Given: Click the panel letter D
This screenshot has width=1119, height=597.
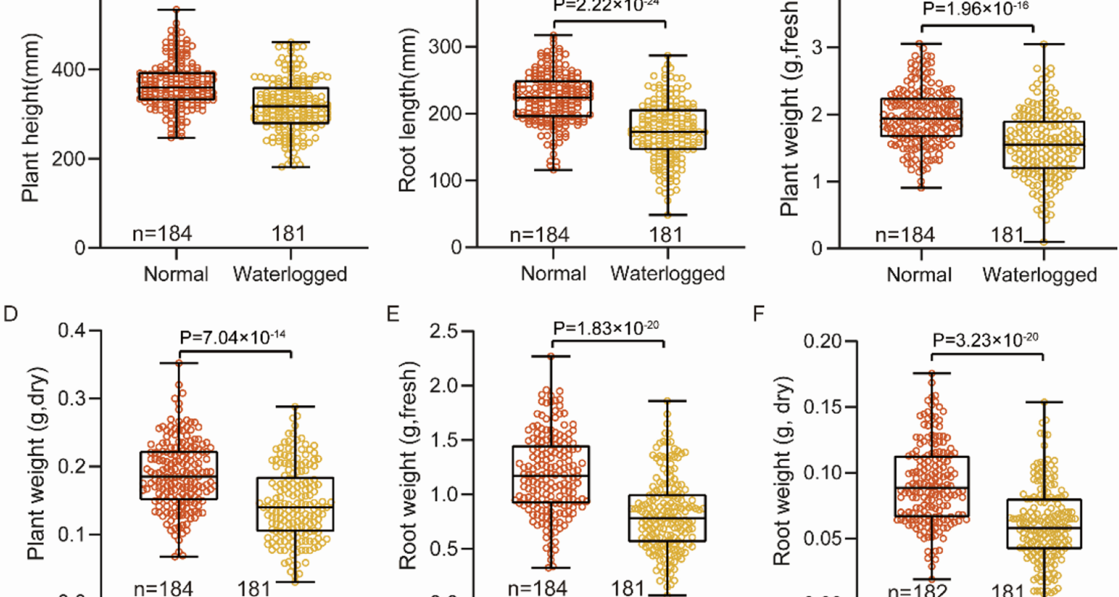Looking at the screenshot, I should click(x=10, y=314).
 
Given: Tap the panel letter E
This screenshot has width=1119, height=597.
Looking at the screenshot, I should click(x=393, y=314).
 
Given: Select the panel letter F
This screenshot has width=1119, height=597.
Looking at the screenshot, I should click(x=759, y=314).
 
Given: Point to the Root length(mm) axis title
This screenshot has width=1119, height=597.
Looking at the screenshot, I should click(x=407, y=110).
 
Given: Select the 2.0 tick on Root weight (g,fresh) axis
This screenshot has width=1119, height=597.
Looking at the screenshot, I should click(x=444, y=385).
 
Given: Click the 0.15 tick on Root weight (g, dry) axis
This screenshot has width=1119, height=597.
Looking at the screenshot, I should click(x=822, y=406).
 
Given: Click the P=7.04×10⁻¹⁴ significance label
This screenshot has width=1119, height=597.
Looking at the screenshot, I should click(x=233, y=337).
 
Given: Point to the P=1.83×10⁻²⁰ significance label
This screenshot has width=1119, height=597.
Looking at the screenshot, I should click(x=606, y=328).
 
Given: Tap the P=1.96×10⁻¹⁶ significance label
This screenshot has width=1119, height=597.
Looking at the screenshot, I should click(x=976, y=9).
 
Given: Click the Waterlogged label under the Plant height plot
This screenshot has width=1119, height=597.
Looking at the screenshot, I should click(x=290, y=274).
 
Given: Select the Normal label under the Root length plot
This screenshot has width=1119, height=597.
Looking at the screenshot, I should click(x=553, y=273).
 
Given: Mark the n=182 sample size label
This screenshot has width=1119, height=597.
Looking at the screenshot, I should click(x=918, y=590).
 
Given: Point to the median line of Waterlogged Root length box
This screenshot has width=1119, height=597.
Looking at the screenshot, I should click(x=667, y=132).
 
